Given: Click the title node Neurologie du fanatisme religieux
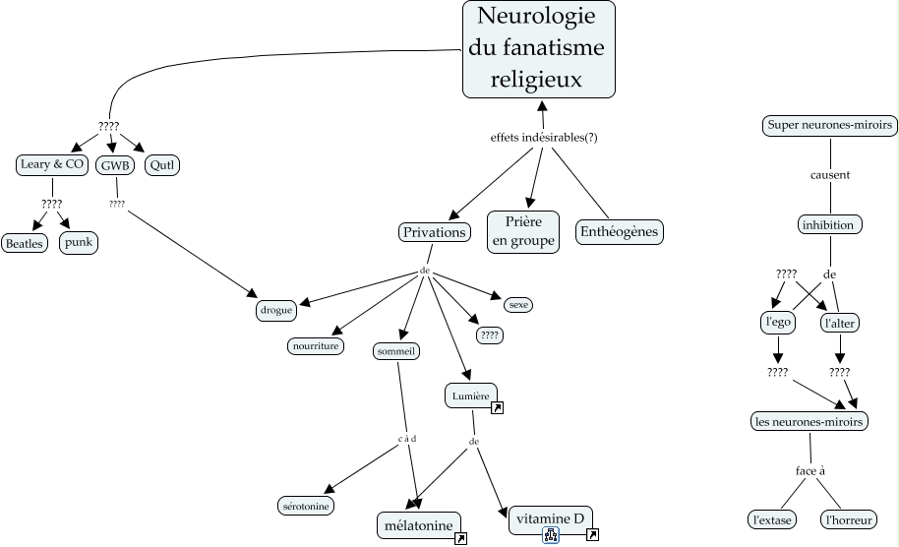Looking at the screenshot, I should [x=539, y=48].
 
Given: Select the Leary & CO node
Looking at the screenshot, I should [x=52, y=164].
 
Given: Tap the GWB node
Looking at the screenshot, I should [x=116, y=165].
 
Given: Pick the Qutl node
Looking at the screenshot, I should [x=162, y=165].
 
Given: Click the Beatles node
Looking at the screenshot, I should [x=26, y=243].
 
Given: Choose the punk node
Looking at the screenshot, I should [x=79, y=242].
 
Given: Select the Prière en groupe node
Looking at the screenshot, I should [x=523, y=231].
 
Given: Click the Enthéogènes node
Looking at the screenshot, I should [x=620, y=232].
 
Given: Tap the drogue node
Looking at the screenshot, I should [x=276, y=310].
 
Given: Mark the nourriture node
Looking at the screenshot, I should [x=316, y=346].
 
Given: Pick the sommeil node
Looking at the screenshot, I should [x=397, y=350].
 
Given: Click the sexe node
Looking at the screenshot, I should [x=518, y=305].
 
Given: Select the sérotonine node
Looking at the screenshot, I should [x=306, y=505].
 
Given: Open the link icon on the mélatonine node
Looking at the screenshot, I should [x=460, y=538].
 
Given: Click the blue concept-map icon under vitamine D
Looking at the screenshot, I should [x=551, y=535].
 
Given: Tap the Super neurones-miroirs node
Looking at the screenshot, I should [x=830, y=125].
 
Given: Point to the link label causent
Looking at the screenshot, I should [x=830, y=175].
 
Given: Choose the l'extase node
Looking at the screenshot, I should [x=771, y=518].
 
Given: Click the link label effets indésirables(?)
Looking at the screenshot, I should [x=544, y=137].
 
